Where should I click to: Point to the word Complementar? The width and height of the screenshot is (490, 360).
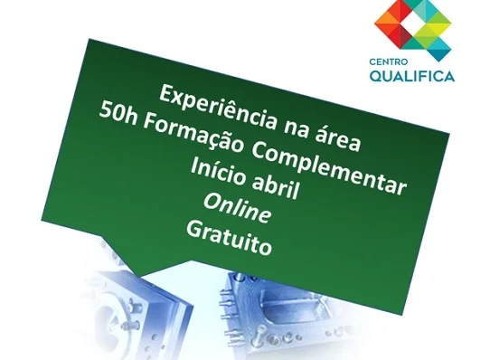329,170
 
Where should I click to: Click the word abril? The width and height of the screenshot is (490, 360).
276,186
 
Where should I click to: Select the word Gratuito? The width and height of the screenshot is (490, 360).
230,238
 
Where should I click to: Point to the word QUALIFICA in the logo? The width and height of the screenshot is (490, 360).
412,76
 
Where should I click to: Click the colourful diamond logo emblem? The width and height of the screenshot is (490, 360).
413,26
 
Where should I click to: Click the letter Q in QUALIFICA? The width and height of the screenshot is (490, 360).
376,76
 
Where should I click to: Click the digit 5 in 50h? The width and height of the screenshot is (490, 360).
106,112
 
